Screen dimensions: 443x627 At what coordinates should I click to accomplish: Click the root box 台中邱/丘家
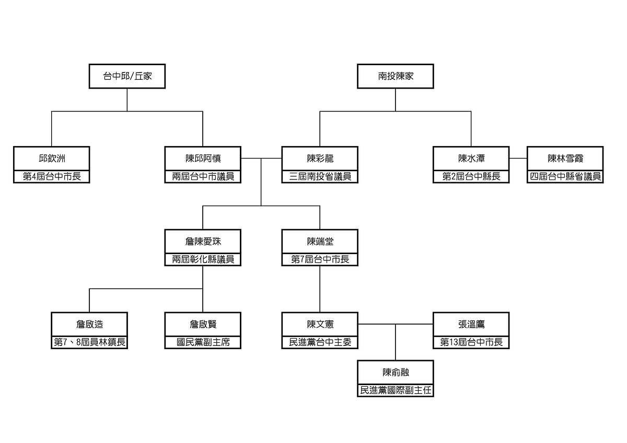(127, 76)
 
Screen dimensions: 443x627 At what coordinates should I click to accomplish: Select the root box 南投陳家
(396, 76)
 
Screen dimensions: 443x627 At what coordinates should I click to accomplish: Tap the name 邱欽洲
(51, 158)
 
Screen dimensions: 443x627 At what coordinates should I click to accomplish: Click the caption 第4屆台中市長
(51, 176)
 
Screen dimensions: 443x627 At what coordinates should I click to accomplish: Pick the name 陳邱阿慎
(203, 158)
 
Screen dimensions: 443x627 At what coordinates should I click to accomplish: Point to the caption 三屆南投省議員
(320, 176)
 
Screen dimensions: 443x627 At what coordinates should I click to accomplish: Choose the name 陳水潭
(471, 158)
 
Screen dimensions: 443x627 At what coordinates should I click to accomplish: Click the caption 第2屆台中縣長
(471, 176)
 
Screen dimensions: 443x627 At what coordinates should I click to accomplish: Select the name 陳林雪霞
(565, 158)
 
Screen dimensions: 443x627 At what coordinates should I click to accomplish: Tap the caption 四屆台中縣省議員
(565, 176)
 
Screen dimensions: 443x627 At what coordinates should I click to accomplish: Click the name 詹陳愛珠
(203, 241)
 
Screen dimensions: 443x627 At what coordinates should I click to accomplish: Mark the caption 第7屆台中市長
(320, 259)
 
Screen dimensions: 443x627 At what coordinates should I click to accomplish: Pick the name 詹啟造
(89, 324)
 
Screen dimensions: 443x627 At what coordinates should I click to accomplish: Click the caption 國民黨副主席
(203, 342)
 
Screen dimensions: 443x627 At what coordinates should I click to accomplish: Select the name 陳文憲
(320, 324)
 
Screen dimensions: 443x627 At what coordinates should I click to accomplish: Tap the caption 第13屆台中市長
(471, 342)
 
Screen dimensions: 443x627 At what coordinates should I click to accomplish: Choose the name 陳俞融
(396, 372)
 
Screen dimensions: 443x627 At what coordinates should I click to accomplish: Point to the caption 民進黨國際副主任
(396, 390)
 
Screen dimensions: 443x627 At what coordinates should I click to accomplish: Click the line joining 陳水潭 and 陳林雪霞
(518, 158)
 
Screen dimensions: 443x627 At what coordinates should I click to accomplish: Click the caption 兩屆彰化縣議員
(203, 259)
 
